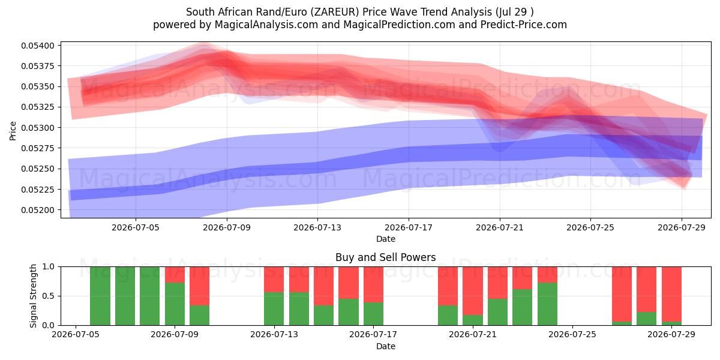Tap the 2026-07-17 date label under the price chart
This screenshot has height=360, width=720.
coord(409,227)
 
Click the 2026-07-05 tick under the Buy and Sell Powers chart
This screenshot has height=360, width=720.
coord(76,334)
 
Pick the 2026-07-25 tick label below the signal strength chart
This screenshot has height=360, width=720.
coord(572,334)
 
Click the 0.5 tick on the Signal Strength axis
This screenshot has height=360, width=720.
coord(48,296)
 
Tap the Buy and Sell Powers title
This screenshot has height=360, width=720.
coord(385,257)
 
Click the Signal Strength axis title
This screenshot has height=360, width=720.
coord(33,296)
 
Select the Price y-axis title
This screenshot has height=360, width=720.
coord(13,131)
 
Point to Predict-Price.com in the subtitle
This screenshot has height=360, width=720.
coord(524,25)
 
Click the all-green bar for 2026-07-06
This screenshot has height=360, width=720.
coord(100,296)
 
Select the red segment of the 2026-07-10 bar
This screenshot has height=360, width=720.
coord(200,286)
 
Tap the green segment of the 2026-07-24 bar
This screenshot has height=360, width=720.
coord(547,304)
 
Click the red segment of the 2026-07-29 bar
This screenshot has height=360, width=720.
coord(671,294)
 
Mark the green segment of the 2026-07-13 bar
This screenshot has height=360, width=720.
coord(274,309)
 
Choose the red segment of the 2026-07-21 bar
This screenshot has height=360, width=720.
coord(473,291)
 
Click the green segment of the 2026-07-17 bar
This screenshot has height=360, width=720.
coord(373,314)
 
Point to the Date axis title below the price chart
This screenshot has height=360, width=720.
coord(386,239)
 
